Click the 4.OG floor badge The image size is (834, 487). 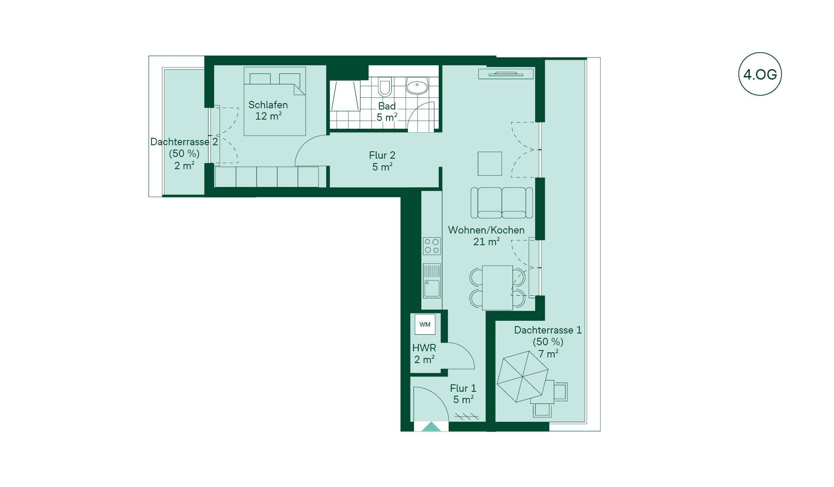pyautogui.click(x=760, y=74)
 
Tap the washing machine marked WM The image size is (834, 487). pyautogui.click(x=425, y=324)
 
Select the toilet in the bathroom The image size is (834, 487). pyautogui.click(x=385, y=87)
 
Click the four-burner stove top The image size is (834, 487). pyautogui.click(x=432, y=246)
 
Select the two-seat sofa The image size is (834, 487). pyautogui.click(x=502, y=203)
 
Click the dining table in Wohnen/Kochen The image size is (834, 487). pyautogui.click(x=497, y=287)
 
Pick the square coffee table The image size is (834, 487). pyautogui.click(x=490, y=163)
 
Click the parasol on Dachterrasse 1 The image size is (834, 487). pyautogui.click(x=523, y=377)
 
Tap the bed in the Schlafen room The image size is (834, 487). pyautogui.click(x=275, y=101)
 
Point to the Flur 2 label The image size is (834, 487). pyautogui.click(x=382, y=155)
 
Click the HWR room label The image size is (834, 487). pyautogui.click(x=424, y=348)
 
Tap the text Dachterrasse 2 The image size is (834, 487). pyautogui.click(x=184, y=142)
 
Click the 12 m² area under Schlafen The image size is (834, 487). pyautogui.click(x=268, y=116)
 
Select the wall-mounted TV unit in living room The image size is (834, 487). pyautogui.click(x=506, y=74)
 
